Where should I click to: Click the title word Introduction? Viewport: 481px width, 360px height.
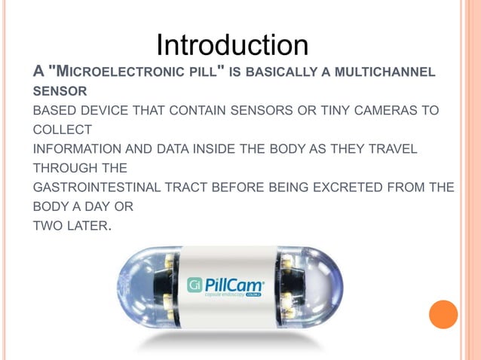coord(232,44)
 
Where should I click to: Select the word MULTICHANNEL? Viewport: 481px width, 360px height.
coord(389,72)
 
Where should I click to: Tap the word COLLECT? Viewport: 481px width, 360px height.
coord(61,130)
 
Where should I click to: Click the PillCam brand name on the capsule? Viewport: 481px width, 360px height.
coord(236,284)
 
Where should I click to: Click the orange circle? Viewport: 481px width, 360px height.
coord(443,314)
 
